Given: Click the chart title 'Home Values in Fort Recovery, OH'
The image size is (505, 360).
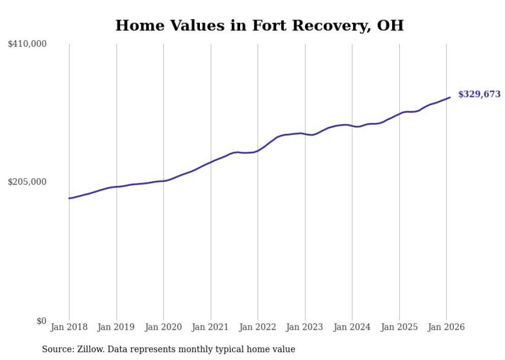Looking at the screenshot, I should tap(259, 25).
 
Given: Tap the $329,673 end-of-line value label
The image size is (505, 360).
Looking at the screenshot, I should tap(479, 94).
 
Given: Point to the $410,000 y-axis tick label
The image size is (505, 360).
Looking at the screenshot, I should tap(27, 44).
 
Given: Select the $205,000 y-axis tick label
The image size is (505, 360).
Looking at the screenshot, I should tap(27, 182).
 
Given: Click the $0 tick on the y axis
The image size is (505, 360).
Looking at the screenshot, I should tap(41, 321).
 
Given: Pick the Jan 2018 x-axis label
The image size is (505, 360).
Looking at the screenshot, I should tap(69, 328).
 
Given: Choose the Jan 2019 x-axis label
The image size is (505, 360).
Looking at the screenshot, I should tap(116, 328).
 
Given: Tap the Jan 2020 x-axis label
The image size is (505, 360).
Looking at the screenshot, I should tap(163, 328).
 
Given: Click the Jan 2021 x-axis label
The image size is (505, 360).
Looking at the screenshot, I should tap(211, 328).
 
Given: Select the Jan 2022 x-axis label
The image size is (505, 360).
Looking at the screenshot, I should tap(258, 328).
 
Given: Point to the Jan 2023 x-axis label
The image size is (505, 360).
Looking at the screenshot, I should tap(305, 328).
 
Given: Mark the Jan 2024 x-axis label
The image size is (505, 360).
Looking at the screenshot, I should tap(352, 328).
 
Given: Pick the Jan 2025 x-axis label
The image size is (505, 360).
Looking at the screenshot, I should tap(399, 328).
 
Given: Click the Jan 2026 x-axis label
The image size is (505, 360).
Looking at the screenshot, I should tap(446, 328).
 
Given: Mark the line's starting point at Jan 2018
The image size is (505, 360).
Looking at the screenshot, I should tap(69, 198).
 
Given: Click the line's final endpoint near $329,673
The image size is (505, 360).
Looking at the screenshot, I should tap(450, 97).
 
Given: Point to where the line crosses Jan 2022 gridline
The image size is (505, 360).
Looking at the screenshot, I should tap(258, 151).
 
